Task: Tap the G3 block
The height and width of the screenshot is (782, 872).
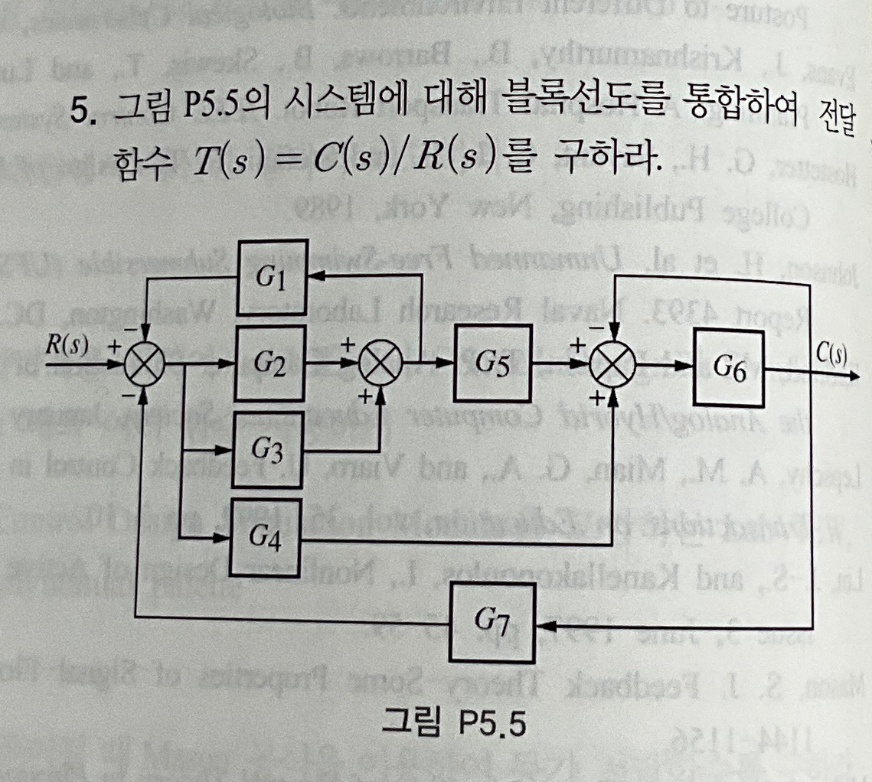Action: (270, 449)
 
